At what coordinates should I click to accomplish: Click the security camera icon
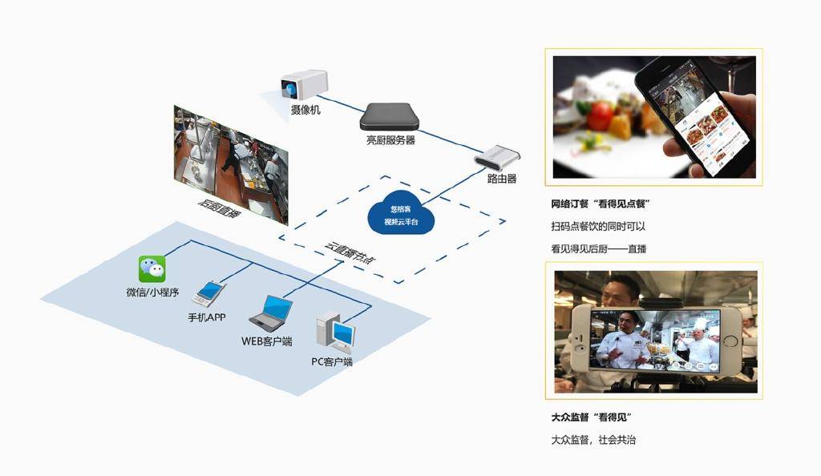pyautogui.click(x=304, y=84)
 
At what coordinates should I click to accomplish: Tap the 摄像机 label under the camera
pyautogui.click(x=305, y=110)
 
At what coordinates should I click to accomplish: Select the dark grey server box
pyautogui.click(x=390, y=116)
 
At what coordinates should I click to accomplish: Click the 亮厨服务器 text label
pyautogui.click(x=390, y=140)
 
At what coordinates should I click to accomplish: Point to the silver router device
pyautogui.click(x=496, y=156)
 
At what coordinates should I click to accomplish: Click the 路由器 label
pyautogui.click(x=502, y=179)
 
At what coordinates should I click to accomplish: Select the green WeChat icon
pyautogui.click(x=152, y=268)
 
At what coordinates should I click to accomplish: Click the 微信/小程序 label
pyautogui.click(x=152, y=292)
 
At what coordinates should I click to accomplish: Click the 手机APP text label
pyautogui.click(x=207, y=317)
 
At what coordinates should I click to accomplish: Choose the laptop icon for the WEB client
pyautogui.click(x=270, y=313)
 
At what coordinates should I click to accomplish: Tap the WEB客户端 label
pyautogui.click(x=267, y=341)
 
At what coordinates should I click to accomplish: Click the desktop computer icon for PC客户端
pyautogui.click(x=334, y=331)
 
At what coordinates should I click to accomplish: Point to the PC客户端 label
pyautogui.click(x=332, y=361)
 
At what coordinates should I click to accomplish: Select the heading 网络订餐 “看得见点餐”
pyautogui.click(x=601, y=205)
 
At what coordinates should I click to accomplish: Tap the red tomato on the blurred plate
pyautogui.click(x=599, y=115)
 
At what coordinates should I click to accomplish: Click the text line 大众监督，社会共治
pyautogui.click(x=593, y=440)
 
